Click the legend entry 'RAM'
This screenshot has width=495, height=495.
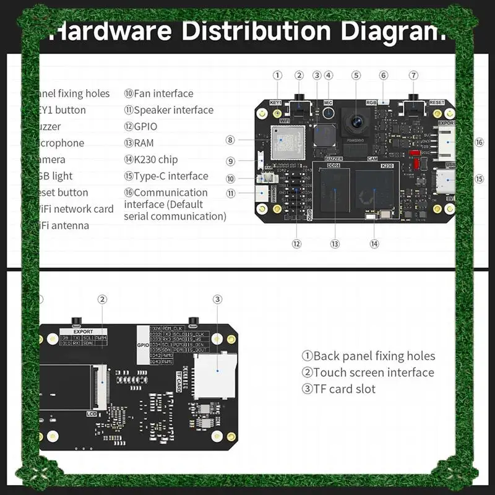[142, 143]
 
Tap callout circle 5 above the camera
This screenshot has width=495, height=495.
[356, 75]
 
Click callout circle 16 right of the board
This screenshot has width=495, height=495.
[479, 142]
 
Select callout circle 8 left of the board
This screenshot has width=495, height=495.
[230, 140]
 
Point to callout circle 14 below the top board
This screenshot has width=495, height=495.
[374, 244]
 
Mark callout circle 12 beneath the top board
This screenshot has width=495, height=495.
[297, 244]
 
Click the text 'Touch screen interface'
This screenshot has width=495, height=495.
[374, 372]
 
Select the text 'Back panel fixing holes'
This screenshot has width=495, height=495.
[374, 356]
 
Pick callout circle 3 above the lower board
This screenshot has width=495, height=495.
[217, 299]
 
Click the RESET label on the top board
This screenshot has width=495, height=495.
[437, 103]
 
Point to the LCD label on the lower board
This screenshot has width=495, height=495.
[92, 412]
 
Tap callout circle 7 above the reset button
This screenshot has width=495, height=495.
[413, 75]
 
